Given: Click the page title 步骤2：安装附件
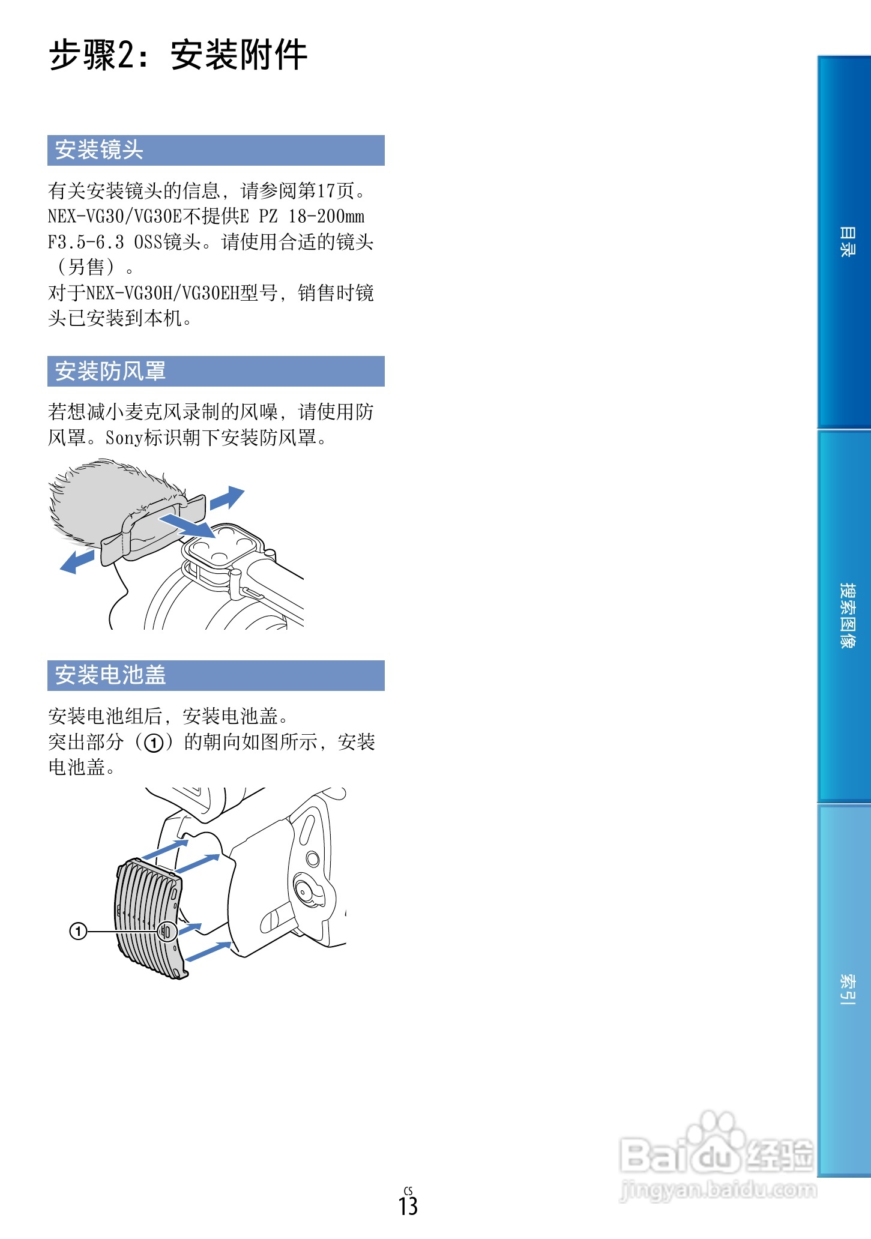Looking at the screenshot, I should click(x=178, y=55).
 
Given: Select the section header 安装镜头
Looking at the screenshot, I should click(x=99, y=150).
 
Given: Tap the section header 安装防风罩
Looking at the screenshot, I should click(x=110, y=371).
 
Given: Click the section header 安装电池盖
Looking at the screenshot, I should click(x=110, y=675).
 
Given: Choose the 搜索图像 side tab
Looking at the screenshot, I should click(x=846, y=615).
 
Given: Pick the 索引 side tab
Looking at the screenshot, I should click(x=846, y=989).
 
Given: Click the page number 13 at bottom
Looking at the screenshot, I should click(x=408, y=1205).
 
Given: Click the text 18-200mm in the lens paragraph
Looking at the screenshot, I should click(x=326, y=217).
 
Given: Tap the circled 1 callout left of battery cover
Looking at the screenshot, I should click(x=79, y=931).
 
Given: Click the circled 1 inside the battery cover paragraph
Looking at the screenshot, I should click(x=154, y=743).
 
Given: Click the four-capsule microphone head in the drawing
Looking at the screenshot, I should click(x=223, y=545).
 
